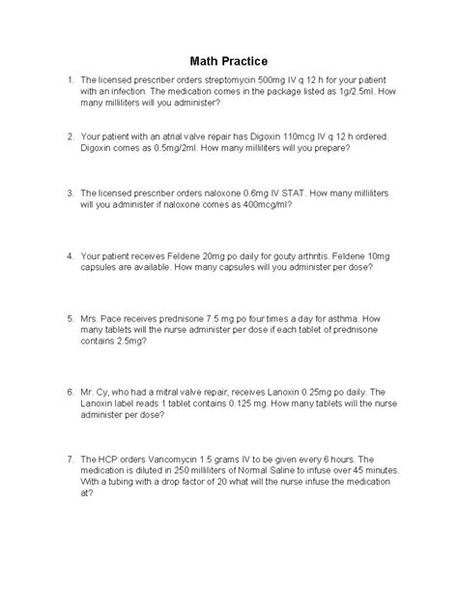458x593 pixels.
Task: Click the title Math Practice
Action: coord(228,60)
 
